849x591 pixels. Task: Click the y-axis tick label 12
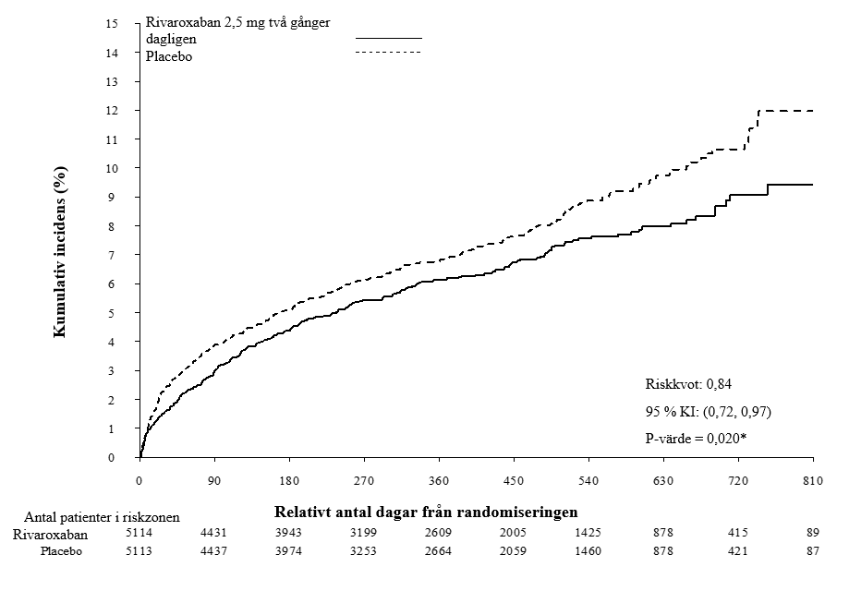pyautogui.click(x=112, y=111)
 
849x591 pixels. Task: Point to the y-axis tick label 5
pyautogui.click(x=112, y=313)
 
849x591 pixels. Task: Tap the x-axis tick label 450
pyautogui.click(x=514, y=480)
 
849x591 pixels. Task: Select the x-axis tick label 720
pyautogui.click(x=738, y=480)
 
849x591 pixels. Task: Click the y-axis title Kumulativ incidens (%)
pyautogui.click(x=60, y=252)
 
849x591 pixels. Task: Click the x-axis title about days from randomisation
pyautogui.click(x=426, y=512)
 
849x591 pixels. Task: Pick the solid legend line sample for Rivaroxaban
pyautogui.click(x=389, y=38)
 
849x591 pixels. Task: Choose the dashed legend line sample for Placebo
pyautogui.click(x=389, y=52)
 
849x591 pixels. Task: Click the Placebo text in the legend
pyautogui.click(x=169, y=56)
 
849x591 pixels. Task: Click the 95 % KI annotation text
pyautogui.click(x=709, y=412)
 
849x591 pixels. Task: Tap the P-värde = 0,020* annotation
pyautogui.click(x=696, y=439)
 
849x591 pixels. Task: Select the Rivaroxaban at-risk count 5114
pyautogui.click(x=139, y=533)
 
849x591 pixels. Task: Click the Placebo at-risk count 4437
pyautogui.click(x=213, y=551)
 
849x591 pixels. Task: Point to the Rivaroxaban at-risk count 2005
pyautogui.click(x=513, y=533)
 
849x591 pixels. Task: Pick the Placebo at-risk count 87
pyautogui.click(x=813, y=551)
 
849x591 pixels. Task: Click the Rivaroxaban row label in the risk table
pyautogui.click(x=50, y=535)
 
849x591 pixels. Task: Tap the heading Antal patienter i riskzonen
pyautogui.click(x=102, y=517)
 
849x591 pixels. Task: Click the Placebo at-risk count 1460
pyautogui.click(x=588, y=551)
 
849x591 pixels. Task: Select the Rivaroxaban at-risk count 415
pyautogui.click(x=738, y=533)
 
